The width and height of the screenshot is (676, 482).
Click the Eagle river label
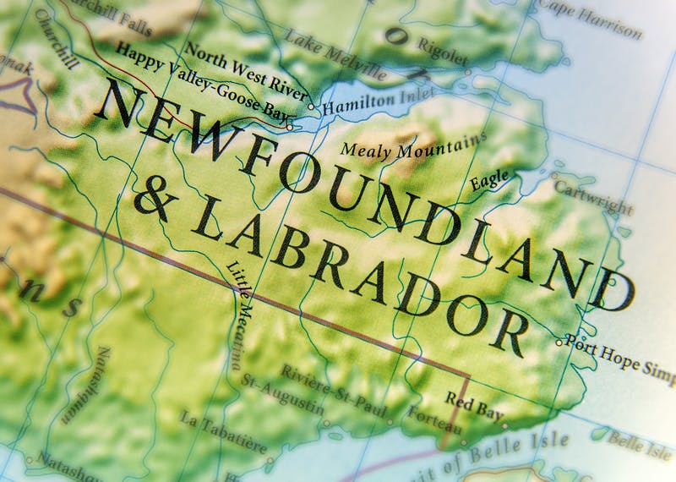coord(490,180)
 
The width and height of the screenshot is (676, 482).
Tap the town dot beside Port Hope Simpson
coord(559,342)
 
